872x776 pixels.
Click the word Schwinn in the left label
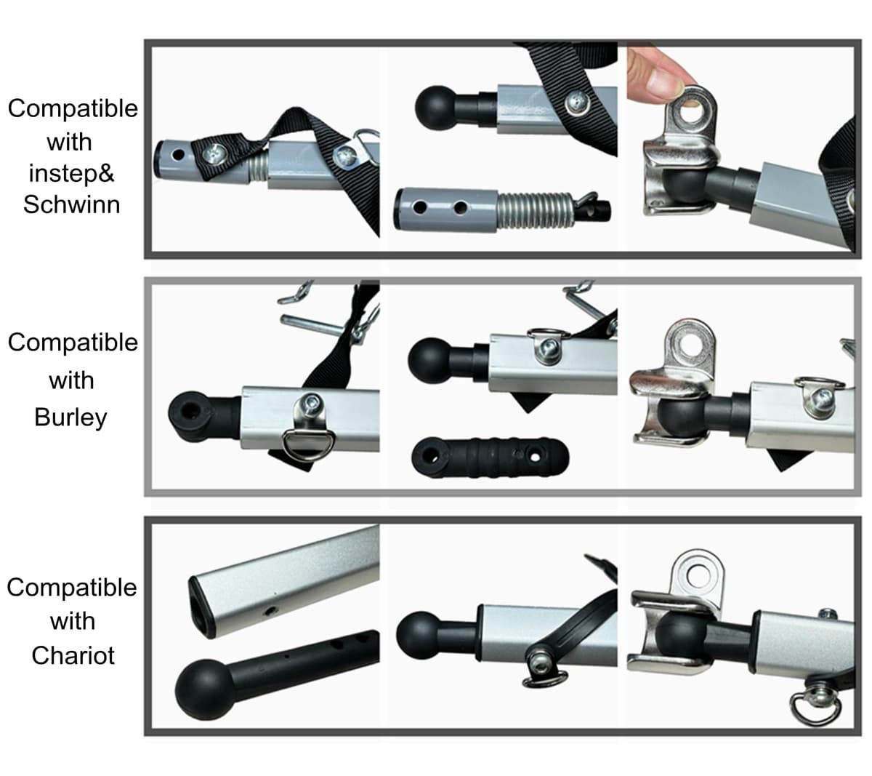coord(71,204)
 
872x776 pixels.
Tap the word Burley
coord(70,417)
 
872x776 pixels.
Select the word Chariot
coord(73,655)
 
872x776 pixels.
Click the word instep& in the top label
coord(71,173)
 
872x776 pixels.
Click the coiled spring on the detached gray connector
coord(534,210)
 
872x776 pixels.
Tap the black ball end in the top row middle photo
coord(436,108)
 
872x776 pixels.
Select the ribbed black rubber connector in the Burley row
coord(490,457)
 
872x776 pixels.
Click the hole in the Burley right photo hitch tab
coord(689,344)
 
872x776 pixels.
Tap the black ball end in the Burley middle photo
coord(429,360)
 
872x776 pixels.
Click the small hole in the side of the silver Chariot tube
coord(270,610)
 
